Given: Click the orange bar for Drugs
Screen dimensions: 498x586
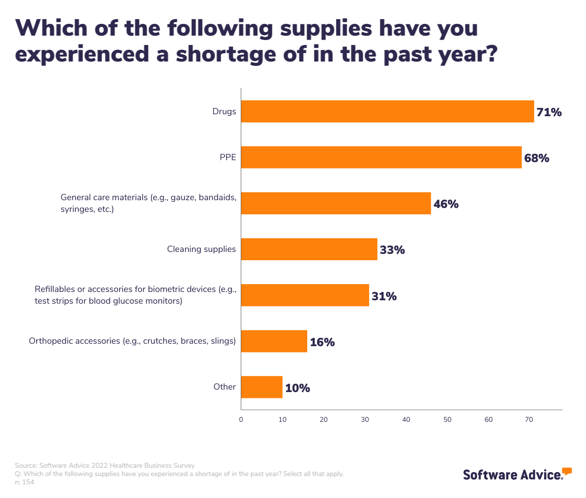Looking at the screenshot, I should tap(387, 111).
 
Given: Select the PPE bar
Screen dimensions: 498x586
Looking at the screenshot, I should tap(381, 157).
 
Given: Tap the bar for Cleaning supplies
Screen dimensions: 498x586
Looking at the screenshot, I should tap(309, 249).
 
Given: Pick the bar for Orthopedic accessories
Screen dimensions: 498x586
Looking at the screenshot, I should tap(274, 341).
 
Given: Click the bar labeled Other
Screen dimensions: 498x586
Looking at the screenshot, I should tap(262, 387).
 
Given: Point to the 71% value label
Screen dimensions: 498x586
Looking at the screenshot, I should tap(549, 112).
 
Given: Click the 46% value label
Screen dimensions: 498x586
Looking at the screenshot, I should tap(446, 204).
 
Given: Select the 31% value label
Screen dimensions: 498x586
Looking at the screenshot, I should tap(384, 296).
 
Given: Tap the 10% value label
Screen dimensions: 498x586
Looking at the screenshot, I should tap(297, 388).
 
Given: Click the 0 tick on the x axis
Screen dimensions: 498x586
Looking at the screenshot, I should tap(241, 419).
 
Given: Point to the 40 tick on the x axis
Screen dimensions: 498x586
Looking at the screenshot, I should tap(406, 419).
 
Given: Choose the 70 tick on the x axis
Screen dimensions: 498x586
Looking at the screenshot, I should tap(529, 419).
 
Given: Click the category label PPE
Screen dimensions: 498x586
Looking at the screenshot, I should tap(228, 157).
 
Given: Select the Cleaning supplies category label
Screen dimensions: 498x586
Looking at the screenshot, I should tap(201, 249).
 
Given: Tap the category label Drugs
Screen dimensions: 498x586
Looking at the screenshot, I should tap(224, 111).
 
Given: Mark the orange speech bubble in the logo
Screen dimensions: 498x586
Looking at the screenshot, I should tap(566, 471).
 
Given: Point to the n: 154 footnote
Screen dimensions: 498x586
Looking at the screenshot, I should tap(24, 482).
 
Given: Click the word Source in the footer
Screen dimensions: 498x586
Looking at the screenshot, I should tap(25, 465).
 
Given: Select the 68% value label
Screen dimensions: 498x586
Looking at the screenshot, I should tap(537, 158).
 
